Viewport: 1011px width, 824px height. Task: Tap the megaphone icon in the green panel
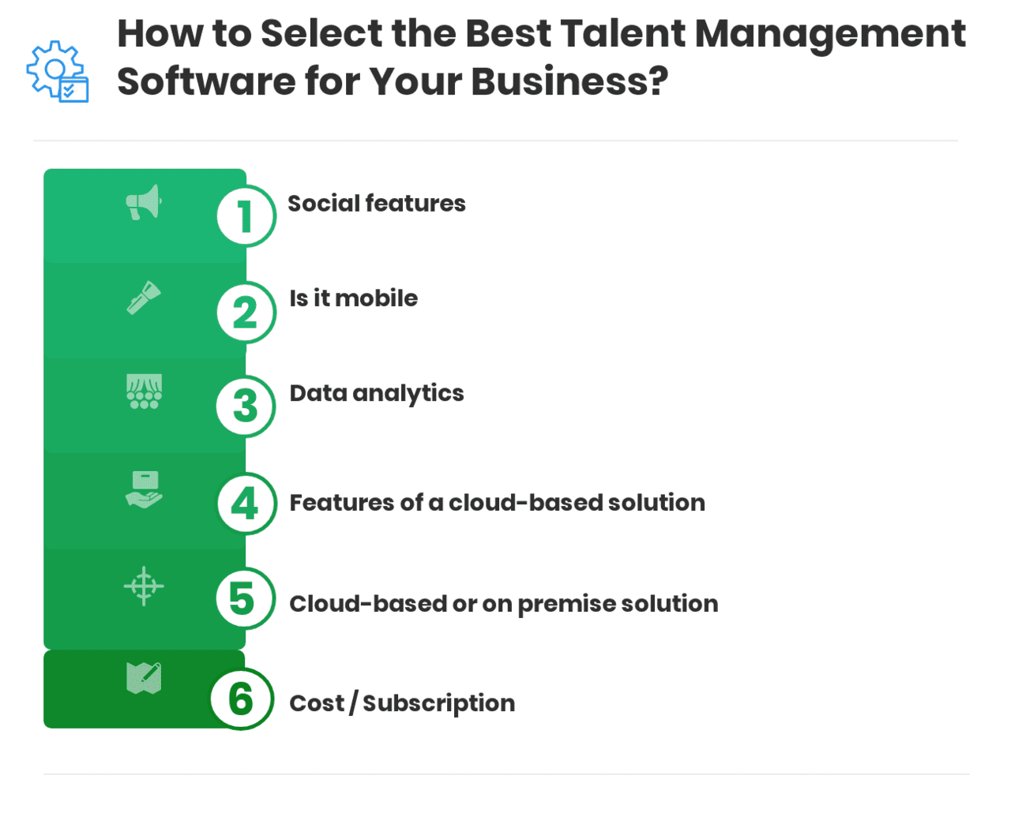[144, 203]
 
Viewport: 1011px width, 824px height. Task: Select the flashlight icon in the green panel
[144, 298]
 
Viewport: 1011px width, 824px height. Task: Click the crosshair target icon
[144, 586]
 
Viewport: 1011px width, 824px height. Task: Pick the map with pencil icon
[144, 678]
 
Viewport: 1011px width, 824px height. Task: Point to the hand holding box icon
[144, 489]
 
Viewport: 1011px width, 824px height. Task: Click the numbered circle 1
[246, 216]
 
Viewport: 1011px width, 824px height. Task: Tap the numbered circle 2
[246, 313]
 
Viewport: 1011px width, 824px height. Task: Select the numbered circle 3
[246, 406]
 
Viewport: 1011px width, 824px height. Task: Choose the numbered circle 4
[246, 504]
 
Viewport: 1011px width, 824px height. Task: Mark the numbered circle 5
[244, 599]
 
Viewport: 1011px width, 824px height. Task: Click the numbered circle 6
[241, 699]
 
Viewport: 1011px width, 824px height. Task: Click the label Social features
[376, 204]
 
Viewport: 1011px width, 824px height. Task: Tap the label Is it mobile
[353, 298]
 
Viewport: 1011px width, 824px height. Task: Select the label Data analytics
[376, 394]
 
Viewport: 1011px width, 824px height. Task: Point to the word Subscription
[438, 703]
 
